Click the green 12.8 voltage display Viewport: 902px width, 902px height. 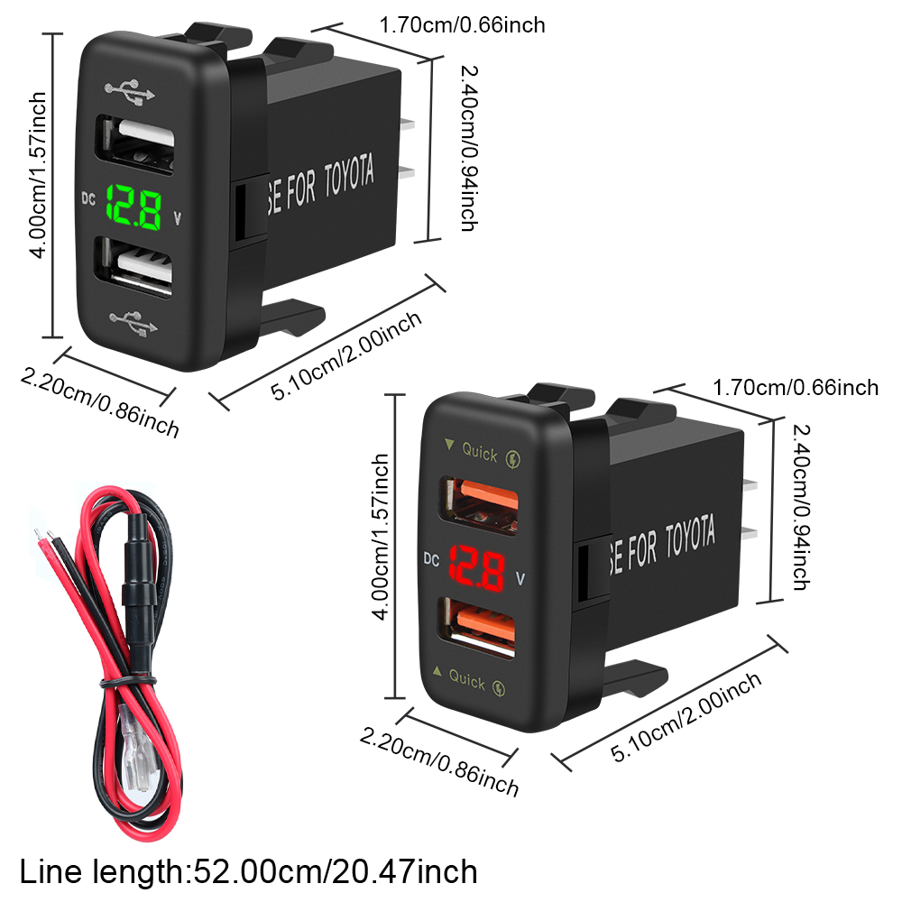134,207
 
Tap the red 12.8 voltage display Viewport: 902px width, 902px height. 476,567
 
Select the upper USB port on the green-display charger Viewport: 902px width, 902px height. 136,144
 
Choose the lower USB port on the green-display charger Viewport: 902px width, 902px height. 134,266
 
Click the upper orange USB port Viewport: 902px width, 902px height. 480,504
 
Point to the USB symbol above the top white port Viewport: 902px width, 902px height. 130,91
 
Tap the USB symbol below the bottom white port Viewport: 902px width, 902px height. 133,324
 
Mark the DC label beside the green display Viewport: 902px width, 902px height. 88,198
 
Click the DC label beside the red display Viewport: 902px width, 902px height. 431,558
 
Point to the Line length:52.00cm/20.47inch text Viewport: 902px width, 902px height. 249,871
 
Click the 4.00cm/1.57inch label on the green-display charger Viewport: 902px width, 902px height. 37,176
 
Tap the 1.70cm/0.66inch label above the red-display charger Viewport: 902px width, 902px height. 796,387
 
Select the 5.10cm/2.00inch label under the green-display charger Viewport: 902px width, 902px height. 346,355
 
